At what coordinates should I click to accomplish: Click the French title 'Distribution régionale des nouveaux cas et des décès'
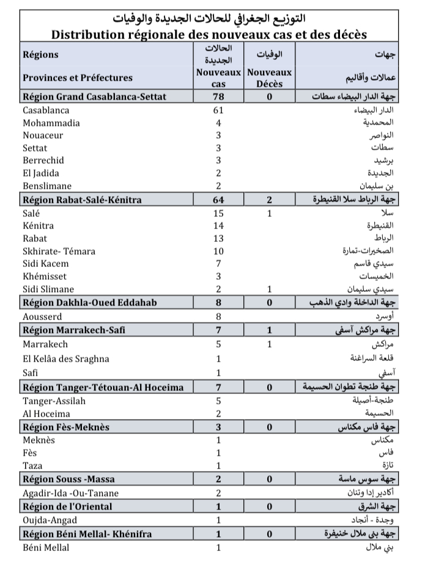click(212, 32)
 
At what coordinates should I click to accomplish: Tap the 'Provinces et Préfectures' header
click(78, 78)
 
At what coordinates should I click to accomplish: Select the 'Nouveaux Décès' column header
click(268, 78)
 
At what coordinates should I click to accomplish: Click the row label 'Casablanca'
click(46, 111)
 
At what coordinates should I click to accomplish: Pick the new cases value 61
click(218, 111)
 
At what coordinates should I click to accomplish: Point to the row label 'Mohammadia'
click(50, 123)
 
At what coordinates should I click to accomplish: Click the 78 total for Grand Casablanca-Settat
click(218, 97)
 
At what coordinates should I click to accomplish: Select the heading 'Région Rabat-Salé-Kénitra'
click(82, 200)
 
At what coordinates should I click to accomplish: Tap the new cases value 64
click(218, 200)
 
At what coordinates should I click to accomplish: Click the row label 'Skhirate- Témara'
click(59, 251)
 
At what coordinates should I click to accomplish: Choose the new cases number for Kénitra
click(218, 225)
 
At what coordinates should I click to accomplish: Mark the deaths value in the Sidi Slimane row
click(268, 289)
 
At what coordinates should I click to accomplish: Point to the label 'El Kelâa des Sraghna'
click(65, 359)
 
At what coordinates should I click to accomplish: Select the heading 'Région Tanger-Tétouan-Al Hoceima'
click(103, 387)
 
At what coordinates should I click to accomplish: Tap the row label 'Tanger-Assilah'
click(54, 401)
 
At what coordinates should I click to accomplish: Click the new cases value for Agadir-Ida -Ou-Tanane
click(218, 493)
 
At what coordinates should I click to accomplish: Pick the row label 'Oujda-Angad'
click(50, 520)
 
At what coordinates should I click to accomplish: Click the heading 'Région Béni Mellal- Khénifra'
click(87, 533)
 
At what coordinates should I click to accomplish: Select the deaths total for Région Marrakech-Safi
click(268, 330)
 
